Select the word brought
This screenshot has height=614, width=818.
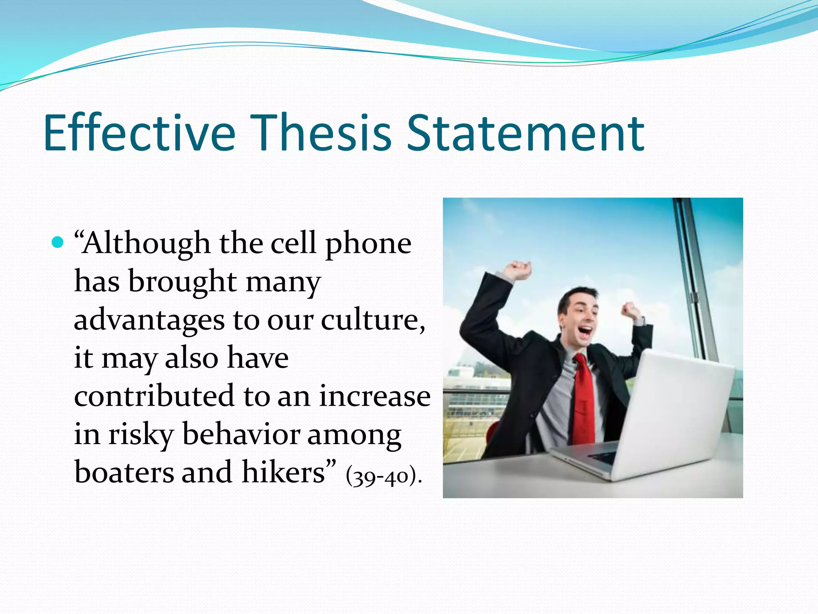[x=182, y=282]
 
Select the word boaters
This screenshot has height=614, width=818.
[x=124, y=472]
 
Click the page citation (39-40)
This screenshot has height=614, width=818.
[x=383, y=476]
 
